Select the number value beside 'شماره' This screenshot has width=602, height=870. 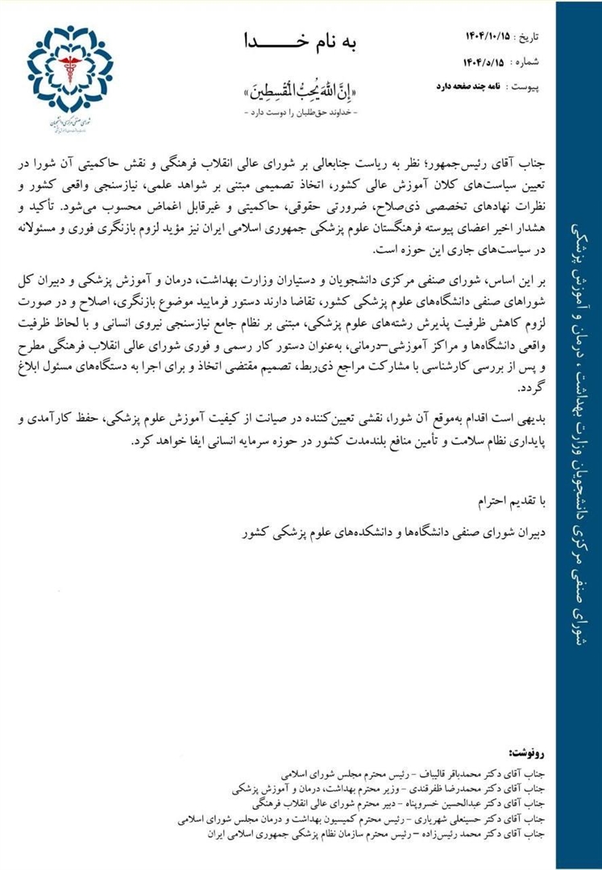pos(488,61)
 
